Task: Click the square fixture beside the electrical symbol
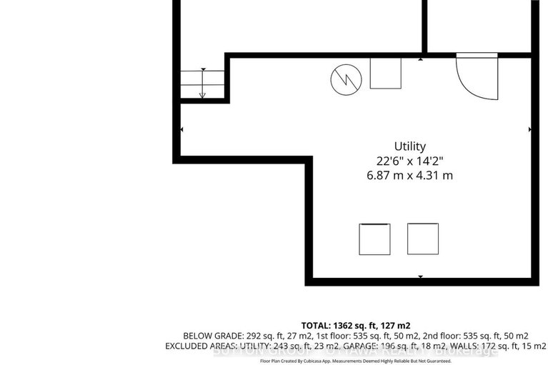(385, 73)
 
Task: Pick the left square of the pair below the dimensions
(375, 239)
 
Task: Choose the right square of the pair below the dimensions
(422, 239)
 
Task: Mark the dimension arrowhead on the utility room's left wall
(181, 129)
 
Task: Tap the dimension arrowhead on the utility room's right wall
(529, 129)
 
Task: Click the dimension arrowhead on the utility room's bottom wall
(420, 277)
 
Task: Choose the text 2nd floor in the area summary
(445, 336)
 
